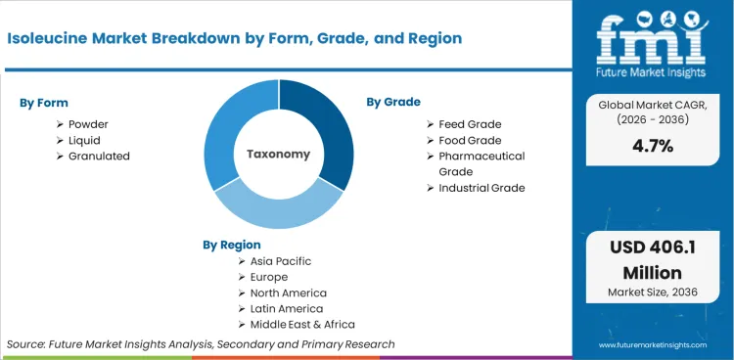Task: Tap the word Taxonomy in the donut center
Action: [x=278, y=154]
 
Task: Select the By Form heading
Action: [x=44, y=103]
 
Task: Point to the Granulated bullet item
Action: [x=99, y=156]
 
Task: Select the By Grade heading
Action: [x=393, y=102]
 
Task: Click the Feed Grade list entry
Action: [x=470, y=124]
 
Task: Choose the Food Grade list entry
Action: [x=470, y=140]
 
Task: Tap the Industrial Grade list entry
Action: [x=482, y=187]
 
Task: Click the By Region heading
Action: [x=232, y=245]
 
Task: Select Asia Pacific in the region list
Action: [x=282, y=261]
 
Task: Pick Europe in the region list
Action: [x=269, y=277]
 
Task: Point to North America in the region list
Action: [x=288, y=292]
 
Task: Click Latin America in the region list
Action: [x=286, y=308]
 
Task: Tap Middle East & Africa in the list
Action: [x=302, y=324]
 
